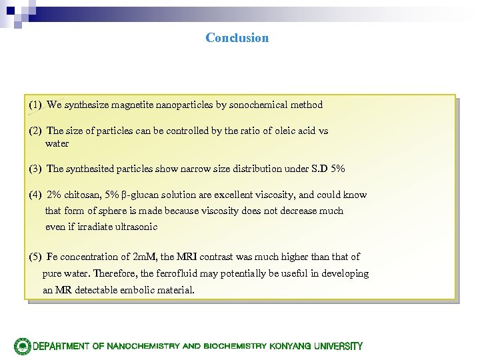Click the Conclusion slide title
pyautogui.click(x=237, y=38)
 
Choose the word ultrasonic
pyautogui.click(x=135, y=227)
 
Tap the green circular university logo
pyautogui.click(x=23, y=346)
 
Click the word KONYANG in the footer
pyautogui.click(x=292, y=347)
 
